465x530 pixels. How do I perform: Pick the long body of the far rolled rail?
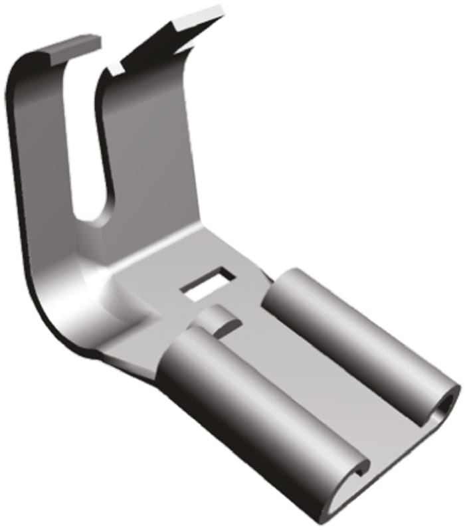352,339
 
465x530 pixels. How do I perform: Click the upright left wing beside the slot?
46,166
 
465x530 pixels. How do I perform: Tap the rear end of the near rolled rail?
179,339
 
